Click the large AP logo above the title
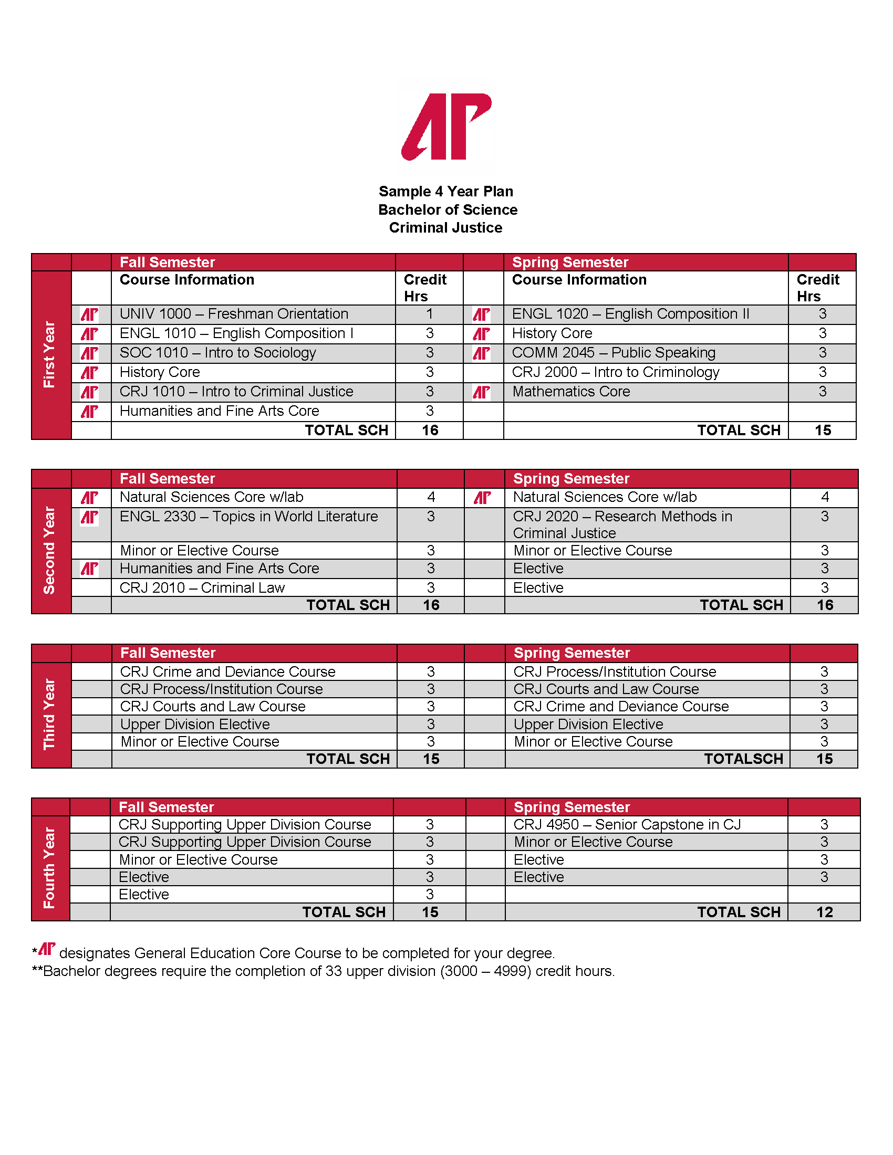(446, 127)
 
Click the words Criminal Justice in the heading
(445, 227)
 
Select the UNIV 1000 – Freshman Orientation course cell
(234, 313)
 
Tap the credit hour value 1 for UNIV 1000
(430, 313)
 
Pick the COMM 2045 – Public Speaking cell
(614, 353)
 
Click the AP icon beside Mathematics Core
(481, 392)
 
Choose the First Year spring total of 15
(823, 430)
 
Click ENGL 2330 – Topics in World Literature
(248, 516)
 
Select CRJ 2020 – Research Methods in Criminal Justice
(622, 524)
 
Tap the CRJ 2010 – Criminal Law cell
(202, 587)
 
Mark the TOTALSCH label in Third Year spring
(743, 759)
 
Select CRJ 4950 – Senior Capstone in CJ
(627, 824)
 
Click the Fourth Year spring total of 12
(824, 912)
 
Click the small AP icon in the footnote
(47, 949)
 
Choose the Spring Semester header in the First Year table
(570, 262)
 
